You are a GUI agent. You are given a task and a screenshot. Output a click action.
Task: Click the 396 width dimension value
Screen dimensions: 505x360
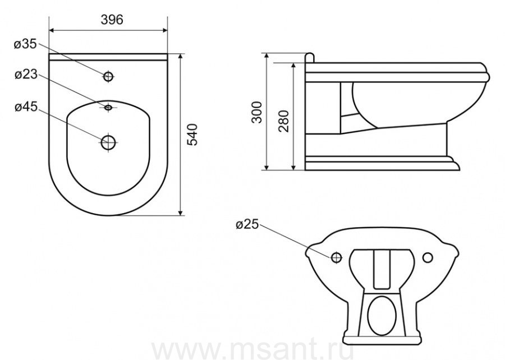pos(112,20)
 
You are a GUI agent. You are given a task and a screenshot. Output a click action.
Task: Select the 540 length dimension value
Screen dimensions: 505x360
pos(192,134)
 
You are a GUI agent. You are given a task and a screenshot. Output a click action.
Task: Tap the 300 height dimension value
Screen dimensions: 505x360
pos(257,112)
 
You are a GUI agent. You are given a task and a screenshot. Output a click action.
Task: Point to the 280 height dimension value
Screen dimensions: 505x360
pos(284,121)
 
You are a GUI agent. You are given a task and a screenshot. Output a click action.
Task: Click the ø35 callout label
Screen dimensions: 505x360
pos(25,44)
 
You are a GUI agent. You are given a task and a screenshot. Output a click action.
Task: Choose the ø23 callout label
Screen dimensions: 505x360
pos(26,75)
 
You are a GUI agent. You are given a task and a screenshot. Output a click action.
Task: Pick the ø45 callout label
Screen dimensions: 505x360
pos(26,107)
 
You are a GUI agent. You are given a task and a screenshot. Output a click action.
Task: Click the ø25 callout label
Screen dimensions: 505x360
pos(247,224)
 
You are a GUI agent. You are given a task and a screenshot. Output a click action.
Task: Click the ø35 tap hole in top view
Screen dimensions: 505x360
pos(108,77)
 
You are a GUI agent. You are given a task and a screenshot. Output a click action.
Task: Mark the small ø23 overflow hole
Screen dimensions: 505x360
pos(108,107)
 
